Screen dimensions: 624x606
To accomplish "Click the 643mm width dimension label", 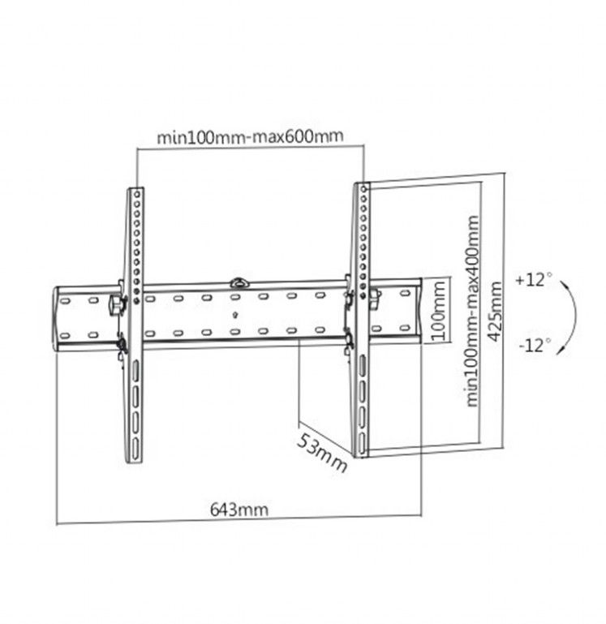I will (239, 510).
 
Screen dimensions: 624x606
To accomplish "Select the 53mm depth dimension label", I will (321, 454).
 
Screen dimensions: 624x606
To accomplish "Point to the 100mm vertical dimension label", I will (439, 312).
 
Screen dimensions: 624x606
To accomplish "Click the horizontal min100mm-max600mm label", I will (250, 136).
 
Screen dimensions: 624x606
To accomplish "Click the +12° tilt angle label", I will (533, 281).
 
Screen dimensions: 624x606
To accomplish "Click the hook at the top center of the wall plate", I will (239, 282).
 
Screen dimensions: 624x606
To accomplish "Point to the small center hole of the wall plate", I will (235, 315).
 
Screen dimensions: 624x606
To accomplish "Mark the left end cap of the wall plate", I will (58, 317).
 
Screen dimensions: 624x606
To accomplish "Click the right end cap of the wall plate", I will (418, 313).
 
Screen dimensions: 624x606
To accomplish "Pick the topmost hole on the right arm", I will (364, 192).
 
